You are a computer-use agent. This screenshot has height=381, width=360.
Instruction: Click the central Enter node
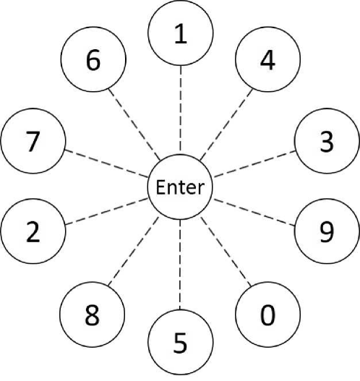click(179, 188)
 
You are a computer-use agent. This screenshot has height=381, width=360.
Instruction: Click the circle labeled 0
click(267, 315)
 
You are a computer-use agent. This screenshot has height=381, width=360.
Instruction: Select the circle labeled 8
click(93, 315)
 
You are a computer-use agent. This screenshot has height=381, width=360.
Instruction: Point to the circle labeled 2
click(33, 231)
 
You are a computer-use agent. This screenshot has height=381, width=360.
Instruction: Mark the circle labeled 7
click(33, 142)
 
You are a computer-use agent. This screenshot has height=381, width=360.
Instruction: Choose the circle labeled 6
click(93, 61)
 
